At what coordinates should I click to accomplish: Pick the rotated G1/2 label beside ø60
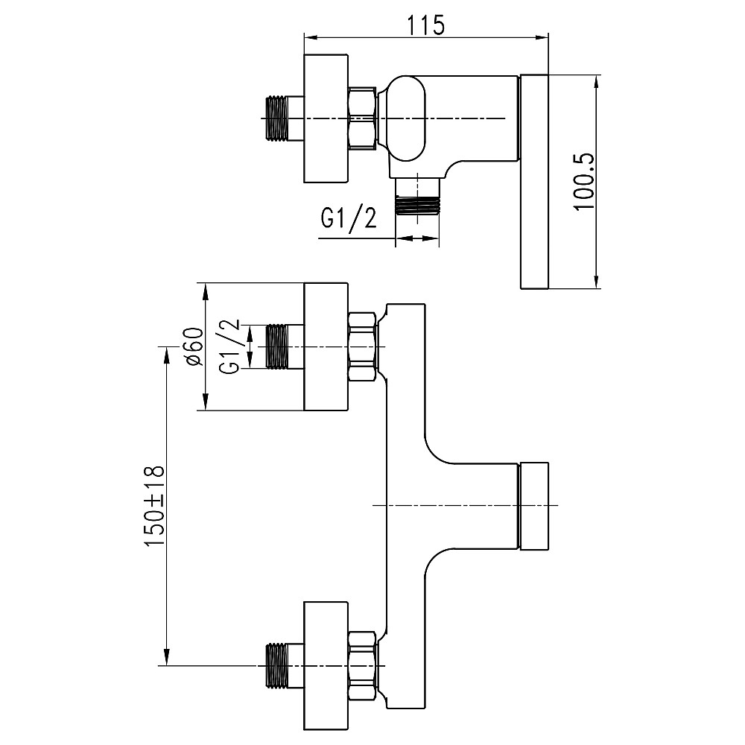point(230,347)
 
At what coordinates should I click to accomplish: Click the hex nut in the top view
point(363,118)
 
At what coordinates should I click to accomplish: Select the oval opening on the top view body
point(407,118)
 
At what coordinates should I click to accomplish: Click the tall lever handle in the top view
point(533,181)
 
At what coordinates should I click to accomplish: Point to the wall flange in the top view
point(326,118)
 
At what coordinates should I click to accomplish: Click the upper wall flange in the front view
point(326,347)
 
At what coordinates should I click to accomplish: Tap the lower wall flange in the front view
point(326,665)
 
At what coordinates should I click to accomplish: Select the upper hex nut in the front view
point(363,347)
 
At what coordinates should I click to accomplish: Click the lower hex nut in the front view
point(363,665)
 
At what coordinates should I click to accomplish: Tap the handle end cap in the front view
point(533,506)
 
